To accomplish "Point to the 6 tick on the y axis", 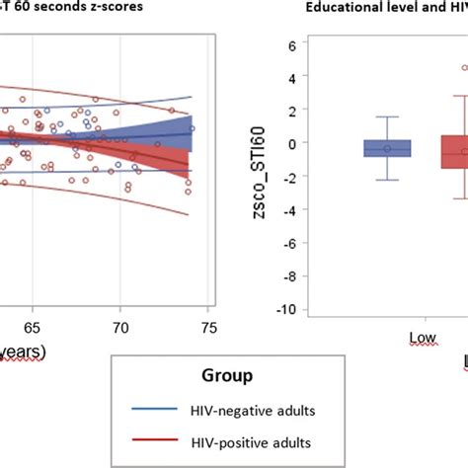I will [x=292, y=45].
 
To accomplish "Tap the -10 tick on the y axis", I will [x=286, y=309].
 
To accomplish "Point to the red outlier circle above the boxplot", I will [x=464, y=68].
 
